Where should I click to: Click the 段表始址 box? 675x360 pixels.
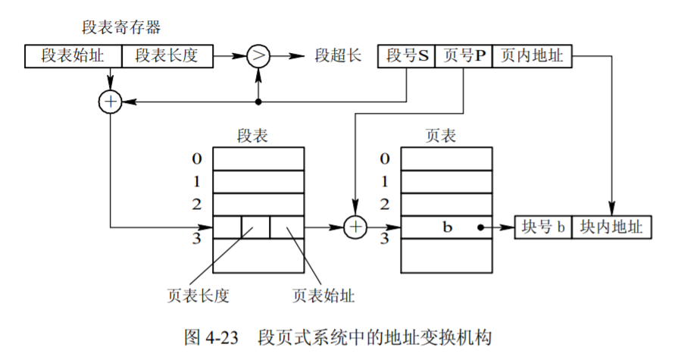pyautogui.click(x=73, y=56)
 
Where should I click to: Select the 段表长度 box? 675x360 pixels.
pyautogui.click(x=167, y=56)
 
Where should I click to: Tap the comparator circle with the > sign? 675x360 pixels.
pyautogui.click(x=259, y=55)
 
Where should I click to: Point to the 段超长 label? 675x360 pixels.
pyautogui.click(x=337, y=56)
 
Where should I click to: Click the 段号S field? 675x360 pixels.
pyautogui.click(x=407, y=56)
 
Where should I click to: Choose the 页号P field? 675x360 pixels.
pyautogui.click(x=464, y=56)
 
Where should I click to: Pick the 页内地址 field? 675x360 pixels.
pyautogui.click(x=532, y=56)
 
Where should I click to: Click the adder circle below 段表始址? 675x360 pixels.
pyautogui.click(x=111, y=102)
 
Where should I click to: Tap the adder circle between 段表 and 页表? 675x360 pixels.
pyautogui.click(x=355, y=227)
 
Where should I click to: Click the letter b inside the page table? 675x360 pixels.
pyautogui.click(x=447, y=227)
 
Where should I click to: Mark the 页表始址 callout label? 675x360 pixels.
pyautogui.click(x=323, y=294)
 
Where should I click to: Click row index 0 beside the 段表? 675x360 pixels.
pyautogui.click(x=198, y=159)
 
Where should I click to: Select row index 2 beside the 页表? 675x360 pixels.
pyautogui.click(x=385, y=204)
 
